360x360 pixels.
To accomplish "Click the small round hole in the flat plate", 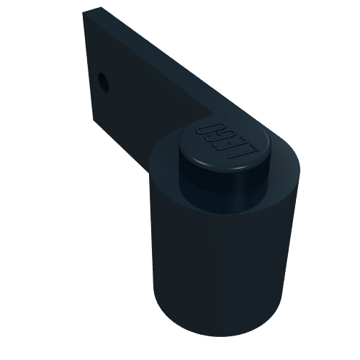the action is point(104,82).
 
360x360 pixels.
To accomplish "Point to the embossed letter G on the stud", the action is point(219,132).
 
